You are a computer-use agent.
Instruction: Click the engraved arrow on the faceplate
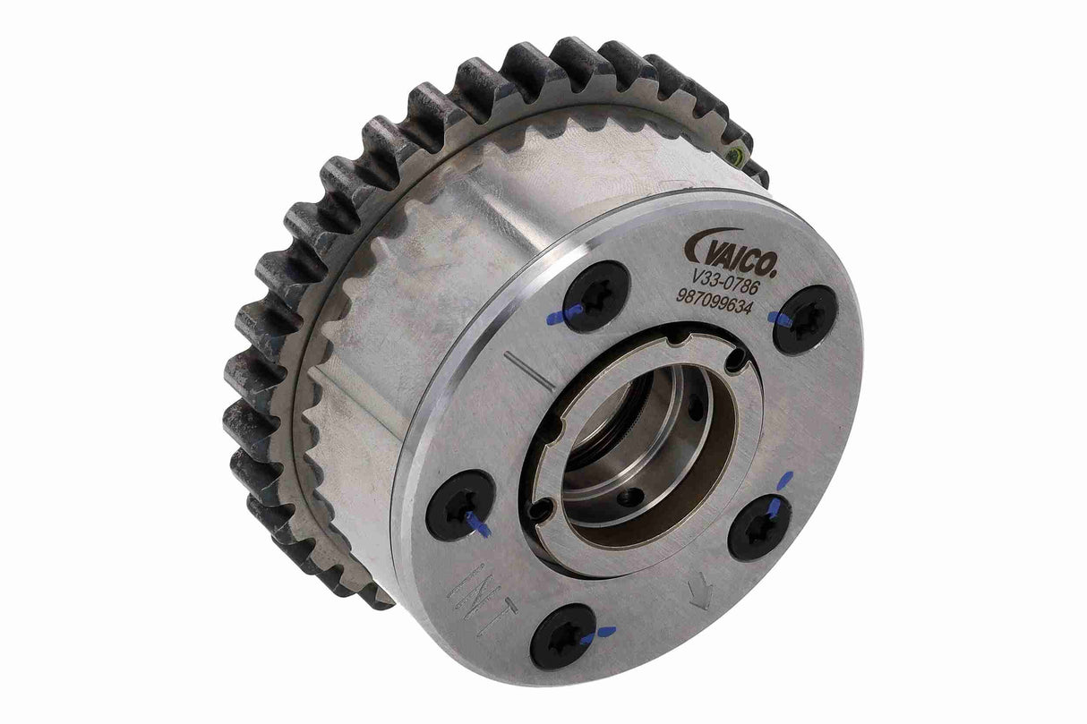point(700,592)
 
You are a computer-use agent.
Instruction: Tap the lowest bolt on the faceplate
point(562,635)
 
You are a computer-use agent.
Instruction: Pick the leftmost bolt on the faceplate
point(459,505)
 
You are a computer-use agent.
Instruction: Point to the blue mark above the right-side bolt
point(785,480)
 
